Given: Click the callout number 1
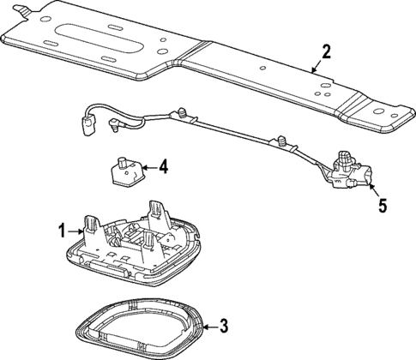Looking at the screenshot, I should point(62,230).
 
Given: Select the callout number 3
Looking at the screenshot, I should point(223,325).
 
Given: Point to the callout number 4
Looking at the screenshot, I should point(162,167).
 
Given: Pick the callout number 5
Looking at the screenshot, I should point(383,206).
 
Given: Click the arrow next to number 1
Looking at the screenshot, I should point(75,230).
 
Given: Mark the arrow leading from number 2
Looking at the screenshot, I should point(314,64).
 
